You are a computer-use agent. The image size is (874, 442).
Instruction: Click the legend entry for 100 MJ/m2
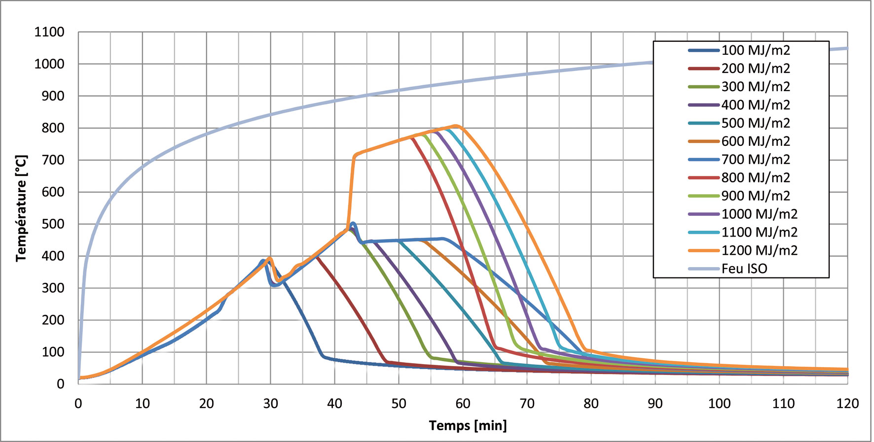click(755, 50)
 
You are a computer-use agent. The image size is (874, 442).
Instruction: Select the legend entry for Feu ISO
click(744, 269)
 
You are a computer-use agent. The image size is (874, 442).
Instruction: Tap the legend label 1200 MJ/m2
click(759, 250)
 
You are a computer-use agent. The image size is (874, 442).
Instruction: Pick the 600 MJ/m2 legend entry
click(755, 141)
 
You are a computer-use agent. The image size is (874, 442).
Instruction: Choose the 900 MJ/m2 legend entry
click(755, 196)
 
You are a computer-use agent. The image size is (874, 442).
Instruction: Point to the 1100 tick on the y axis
click(49, 33)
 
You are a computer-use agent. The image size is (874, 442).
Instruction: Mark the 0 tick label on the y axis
click(60, 384)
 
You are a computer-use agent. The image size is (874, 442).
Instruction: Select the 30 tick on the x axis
click(270, 404)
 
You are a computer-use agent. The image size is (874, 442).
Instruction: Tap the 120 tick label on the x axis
click(847, 404)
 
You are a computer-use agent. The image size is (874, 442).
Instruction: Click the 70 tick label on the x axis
click(527, 404)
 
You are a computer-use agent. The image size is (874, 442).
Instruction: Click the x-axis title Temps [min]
click(468, 425)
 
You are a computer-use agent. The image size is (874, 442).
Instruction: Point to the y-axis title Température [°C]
click(21, 208)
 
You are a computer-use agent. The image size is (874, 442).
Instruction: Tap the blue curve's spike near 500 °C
click(353, 224)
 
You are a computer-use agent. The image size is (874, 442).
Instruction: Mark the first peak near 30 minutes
click(269, 258)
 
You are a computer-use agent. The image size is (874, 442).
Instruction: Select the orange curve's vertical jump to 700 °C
click(351, 192)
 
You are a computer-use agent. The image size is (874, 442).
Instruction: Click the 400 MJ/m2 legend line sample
click(704, 105)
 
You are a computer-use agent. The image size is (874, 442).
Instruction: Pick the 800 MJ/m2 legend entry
click(755, 177)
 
